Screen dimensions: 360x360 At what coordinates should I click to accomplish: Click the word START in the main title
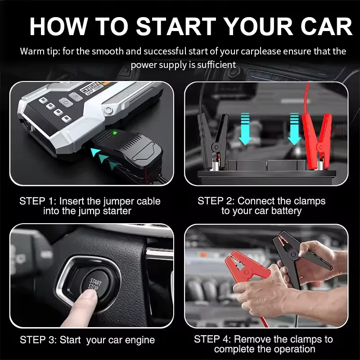click(x=176, y=27)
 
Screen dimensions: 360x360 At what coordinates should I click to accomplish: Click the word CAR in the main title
click(x=326, y=27)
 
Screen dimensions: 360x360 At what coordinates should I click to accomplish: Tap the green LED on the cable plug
click(x=115, y=133)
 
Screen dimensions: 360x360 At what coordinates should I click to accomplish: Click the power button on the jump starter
click(x=66, y=102)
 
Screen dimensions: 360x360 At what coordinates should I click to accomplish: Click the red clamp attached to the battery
click(x=317, y=138)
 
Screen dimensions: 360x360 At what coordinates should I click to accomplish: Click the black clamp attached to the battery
click(x=212, y=140)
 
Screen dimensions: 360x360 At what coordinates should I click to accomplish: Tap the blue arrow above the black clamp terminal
click(x=245, y=129)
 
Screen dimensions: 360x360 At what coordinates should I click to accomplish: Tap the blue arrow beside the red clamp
click(x=294, y=129)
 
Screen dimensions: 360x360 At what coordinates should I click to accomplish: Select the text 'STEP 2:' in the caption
click(x=216, y=201)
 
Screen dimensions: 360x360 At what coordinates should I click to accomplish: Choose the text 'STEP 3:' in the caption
click(x=38, y=340)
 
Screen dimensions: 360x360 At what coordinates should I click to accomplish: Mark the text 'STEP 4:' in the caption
click(x=212, y=339)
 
